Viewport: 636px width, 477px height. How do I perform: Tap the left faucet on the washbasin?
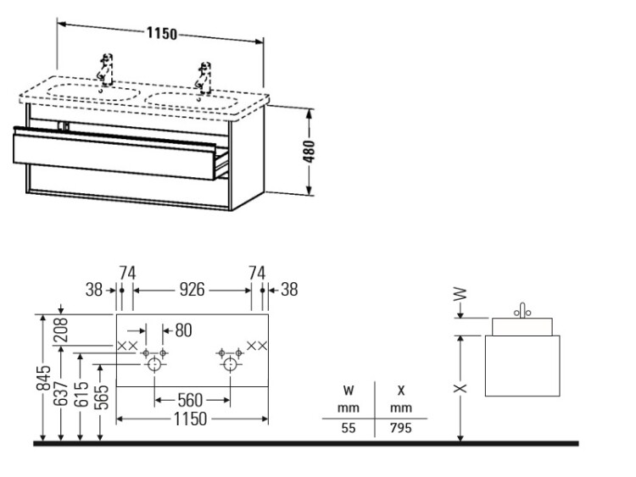coord(106,69)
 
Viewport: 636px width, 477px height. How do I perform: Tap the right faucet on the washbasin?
coord(203,75)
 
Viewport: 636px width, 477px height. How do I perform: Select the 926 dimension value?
coord(192,290)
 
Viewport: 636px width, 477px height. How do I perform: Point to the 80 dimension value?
coord(183,329)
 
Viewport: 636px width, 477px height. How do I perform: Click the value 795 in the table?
coord(400,428)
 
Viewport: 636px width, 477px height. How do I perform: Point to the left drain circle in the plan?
coord(154,365)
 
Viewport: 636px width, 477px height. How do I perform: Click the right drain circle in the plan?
coord(230,365)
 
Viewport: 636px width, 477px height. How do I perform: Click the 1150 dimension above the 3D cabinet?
coord(161,34)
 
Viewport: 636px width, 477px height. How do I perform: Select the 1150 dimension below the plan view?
coord(192,419)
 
